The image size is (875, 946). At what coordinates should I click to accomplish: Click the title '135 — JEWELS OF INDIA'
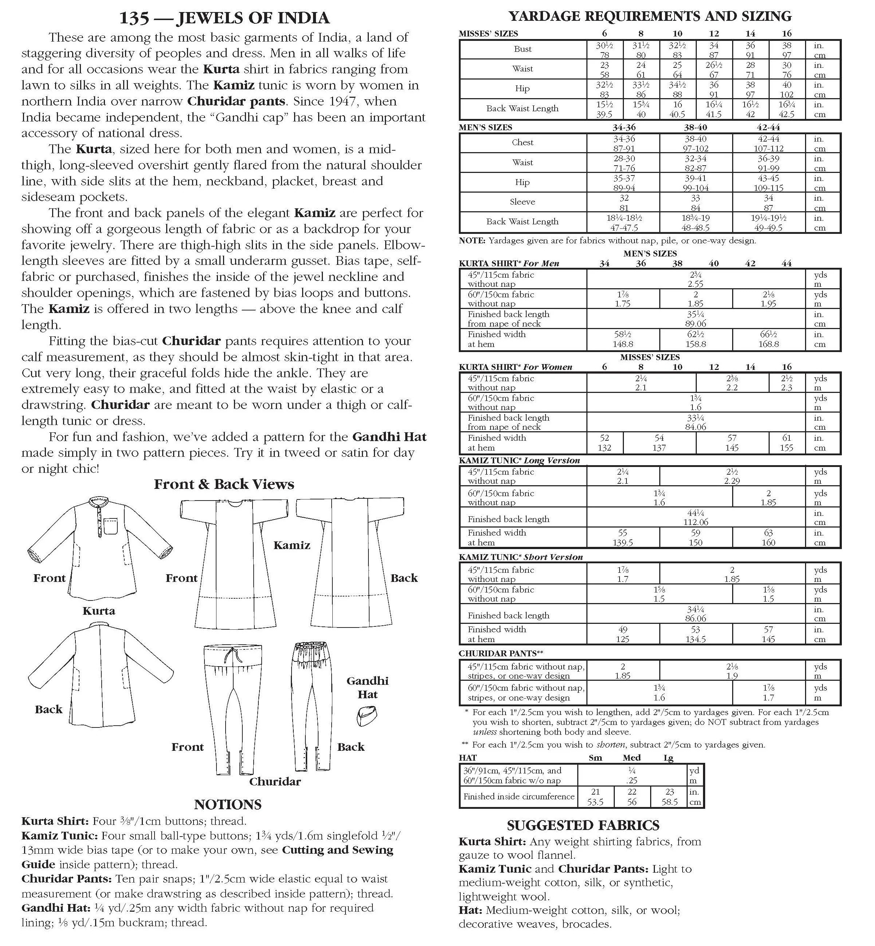pos(224,18)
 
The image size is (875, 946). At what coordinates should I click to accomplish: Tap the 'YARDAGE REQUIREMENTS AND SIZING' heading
pos(650,16)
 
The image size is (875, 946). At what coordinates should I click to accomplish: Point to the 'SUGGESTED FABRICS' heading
pos(583,825)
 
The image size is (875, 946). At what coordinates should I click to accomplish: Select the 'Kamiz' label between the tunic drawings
pos(292,545)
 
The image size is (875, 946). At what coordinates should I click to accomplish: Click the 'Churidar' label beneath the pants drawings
pos(275,781)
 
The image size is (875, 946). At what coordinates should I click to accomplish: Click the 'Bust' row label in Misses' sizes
pos(523,49)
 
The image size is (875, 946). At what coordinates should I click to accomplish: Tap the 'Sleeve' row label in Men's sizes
pos(522,202)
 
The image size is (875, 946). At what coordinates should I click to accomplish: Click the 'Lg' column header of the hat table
pos(668,757)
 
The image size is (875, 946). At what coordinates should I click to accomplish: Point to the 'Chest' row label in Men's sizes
pos(522,143)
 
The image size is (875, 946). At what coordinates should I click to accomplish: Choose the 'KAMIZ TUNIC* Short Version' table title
pos(520,557)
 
